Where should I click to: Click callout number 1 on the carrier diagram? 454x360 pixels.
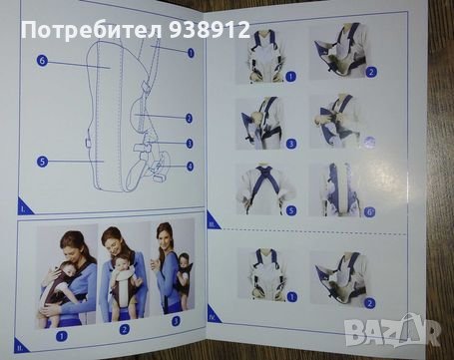[190, 52]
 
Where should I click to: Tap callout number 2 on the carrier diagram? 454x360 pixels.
[189, 118]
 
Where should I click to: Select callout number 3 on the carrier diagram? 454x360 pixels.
[189, 143]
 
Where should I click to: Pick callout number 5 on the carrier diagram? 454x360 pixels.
[42, 161]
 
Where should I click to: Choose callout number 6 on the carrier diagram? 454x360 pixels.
[42, 61]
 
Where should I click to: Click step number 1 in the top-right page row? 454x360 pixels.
[291, 76]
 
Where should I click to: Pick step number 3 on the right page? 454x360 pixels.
[291, 144]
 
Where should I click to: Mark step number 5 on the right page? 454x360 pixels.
[291, 210]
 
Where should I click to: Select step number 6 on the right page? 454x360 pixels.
[370, 212]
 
